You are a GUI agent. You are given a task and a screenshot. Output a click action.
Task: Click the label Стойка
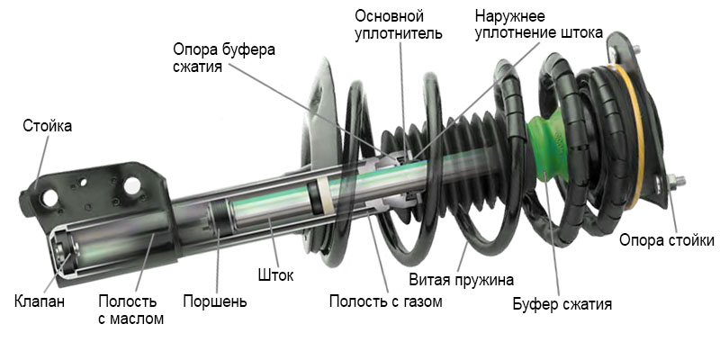click(47, 126)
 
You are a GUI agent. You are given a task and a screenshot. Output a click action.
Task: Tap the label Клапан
click(40, 301)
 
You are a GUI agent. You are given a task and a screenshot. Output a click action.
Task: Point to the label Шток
click(274, 274)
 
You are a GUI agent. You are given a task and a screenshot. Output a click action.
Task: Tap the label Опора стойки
click(667, 240)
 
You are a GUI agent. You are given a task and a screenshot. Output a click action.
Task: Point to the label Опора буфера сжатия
click(224, 58)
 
